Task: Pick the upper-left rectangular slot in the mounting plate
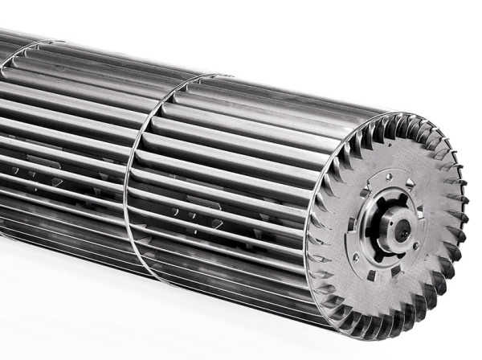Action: (x=366, y=192)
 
